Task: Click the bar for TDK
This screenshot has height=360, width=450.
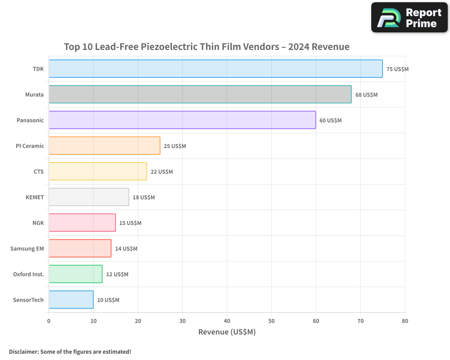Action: pyautogui.click(x=216, y=69)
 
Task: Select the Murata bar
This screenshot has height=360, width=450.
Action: pyautogui.click(x=200, y=94)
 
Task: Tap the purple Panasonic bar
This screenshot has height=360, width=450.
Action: pyautogui.click(x=182, y=120)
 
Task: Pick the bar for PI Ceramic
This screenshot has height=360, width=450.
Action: pyautogui.click(x=104, y=146)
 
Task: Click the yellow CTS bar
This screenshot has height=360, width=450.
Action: pyautogui.click(x=98, y=171)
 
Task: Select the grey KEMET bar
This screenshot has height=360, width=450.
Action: pyautogui.click(x=89, y=197)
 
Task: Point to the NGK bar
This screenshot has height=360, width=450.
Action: pyautogui.click(x=82, y=223)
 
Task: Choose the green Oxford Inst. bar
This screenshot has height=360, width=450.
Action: pyautogui.click(x=75, y=274)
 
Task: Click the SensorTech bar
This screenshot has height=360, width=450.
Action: pyautogui.click(x=71, y=300)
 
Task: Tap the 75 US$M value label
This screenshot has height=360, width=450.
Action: pyautogui.click(x=397, y=69)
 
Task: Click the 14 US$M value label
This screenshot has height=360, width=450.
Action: pyautogui.click(x=126, y=249)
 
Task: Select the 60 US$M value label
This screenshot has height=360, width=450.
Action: pyautogui.click(x=330, y=121)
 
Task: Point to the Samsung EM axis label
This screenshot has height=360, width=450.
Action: pyautogui.click(x=27, y=249)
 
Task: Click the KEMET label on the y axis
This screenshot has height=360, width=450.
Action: pyautogui.click(x=35, y=197)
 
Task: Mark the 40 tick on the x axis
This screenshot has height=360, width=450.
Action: pyautogui.click(x=227, y=321)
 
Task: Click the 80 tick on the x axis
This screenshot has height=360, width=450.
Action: pyautogui.click(x=405, y=321)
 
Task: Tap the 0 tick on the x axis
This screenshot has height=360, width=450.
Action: pyautogui.click(x=49, y=321)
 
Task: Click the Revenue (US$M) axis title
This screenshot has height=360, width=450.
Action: pyautogui.click(x=227, y=332)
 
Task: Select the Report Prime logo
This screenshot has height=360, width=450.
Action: pyautogui.click(x=409, y=18)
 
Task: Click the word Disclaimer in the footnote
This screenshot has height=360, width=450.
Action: pyautogui.click(x=23, y=352)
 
